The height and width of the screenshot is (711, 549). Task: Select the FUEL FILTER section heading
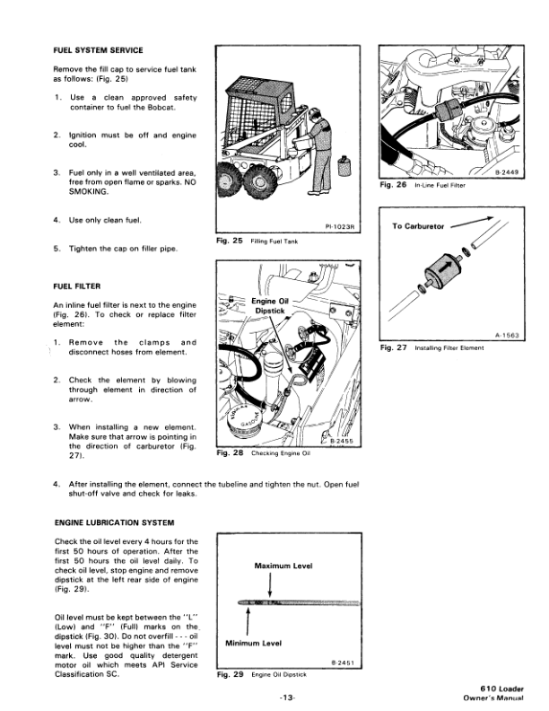[x=83, y=287]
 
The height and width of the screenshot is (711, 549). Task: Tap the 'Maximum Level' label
[x=284, y=567]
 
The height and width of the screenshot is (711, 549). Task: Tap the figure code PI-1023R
[x=338, y=227]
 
